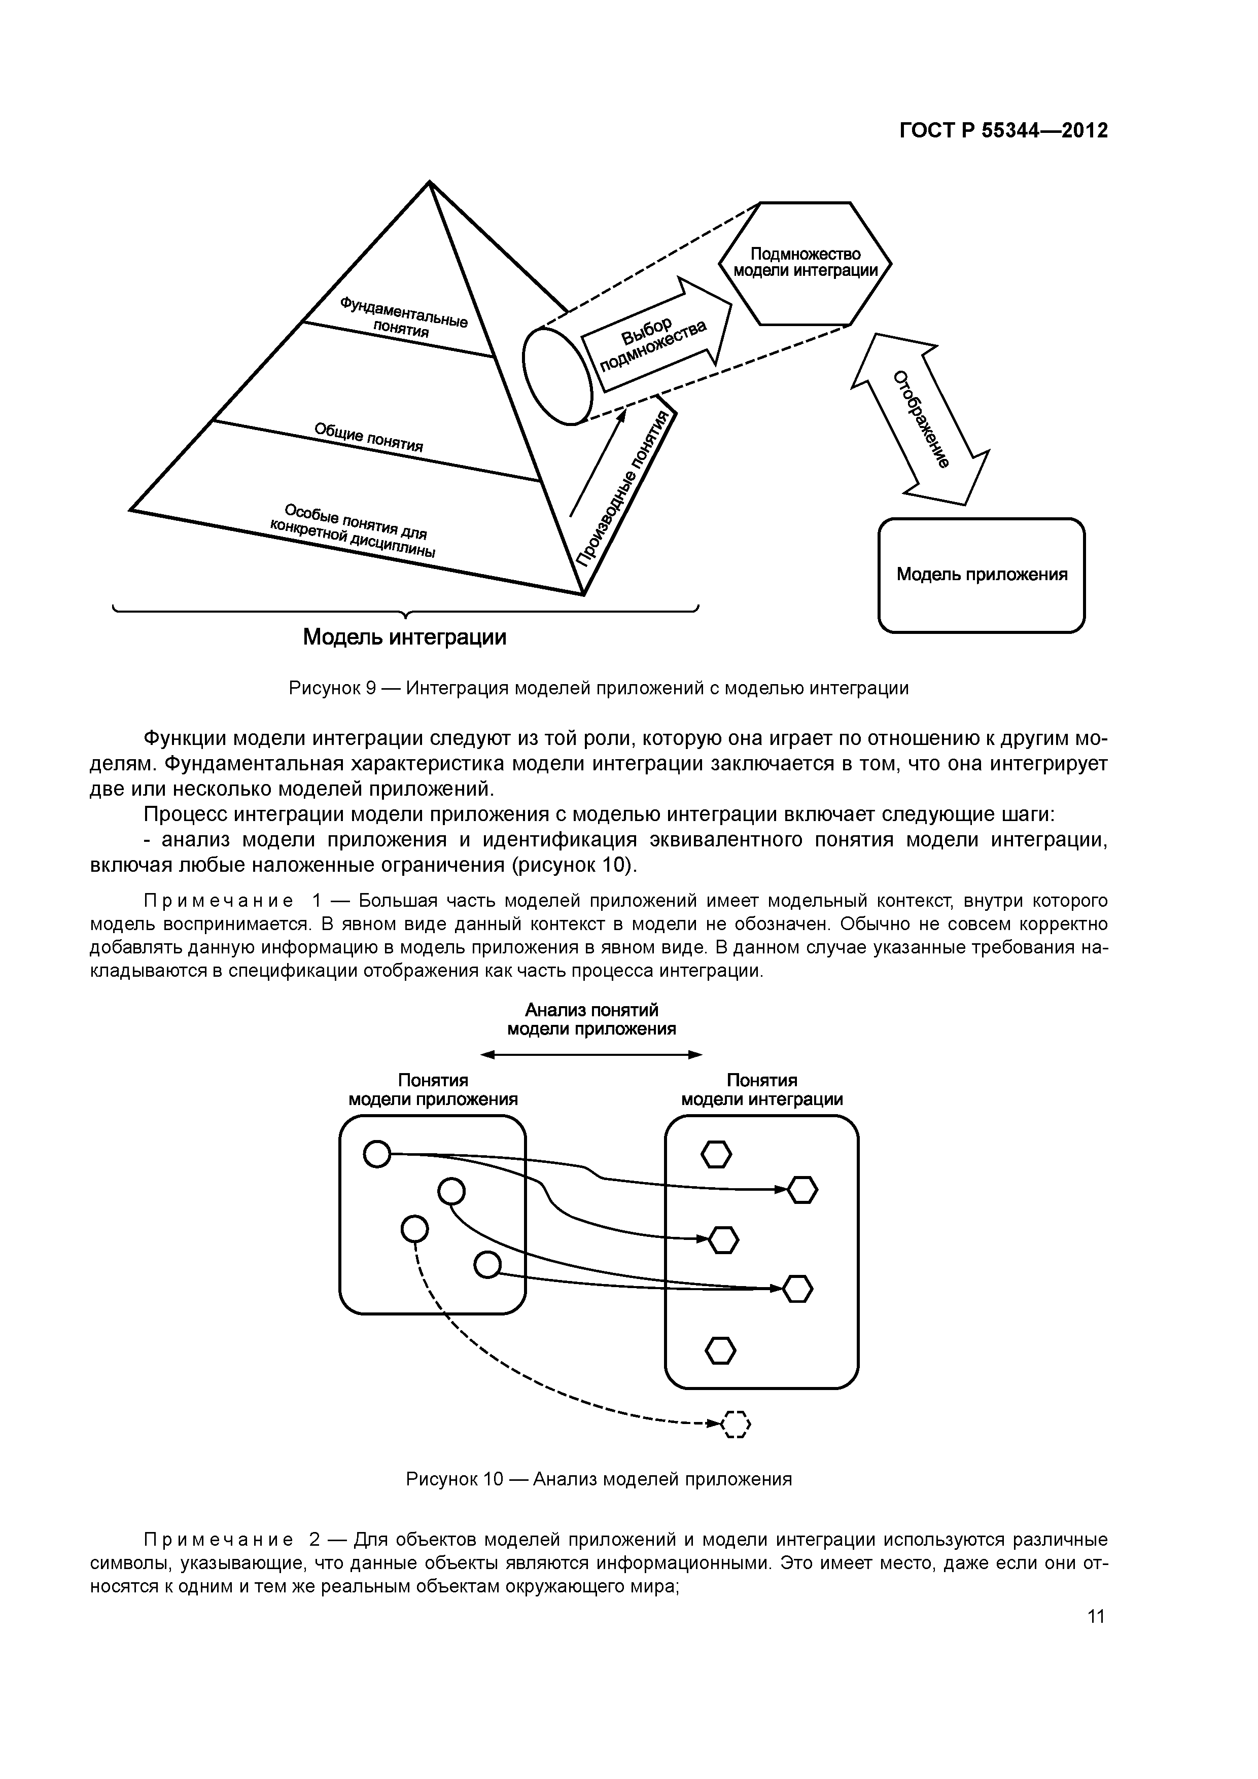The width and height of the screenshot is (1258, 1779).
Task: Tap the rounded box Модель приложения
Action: click(x=981, y=575)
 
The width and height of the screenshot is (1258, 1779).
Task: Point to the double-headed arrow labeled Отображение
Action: click(x=920, y=419)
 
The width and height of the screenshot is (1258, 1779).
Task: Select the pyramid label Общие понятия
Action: click(x=368, y=437)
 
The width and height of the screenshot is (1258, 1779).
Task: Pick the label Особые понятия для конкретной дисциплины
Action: click(x=353, y=531)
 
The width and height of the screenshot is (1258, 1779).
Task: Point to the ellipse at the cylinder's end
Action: click(x=556, y=374)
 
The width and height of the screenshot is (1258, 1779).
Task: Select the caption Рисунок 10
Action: click(x=599, y=1479)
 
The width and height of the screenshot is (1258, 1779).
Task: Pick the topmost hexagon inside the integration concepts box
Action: click(x=716, y=1155)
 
